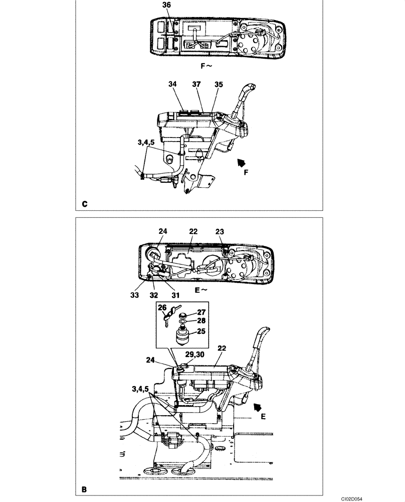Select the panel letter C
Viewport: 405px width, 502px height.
(x=85, y=204)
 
